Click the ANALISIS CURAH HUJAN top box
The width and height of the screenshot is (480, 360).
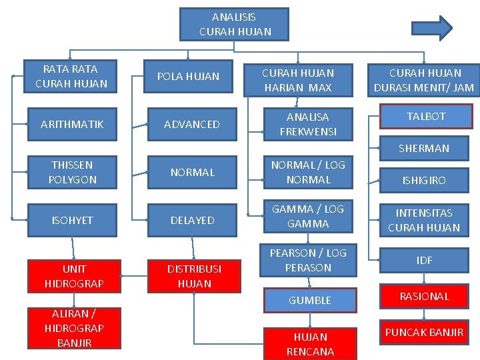(x=235, y=24)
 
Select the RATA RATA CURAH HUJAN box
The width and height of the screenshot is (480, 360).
(x=71, y=76)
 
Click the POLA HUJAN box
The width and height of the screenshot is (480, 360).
(x=188, y=77)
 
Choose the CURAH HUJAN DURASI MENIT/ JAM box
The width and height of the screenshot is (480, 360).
(x=425, y=79)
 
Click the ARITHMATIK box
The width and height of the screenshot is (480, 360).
(x=71, y=124)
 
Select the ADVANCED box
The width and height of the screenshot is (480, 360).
(x=192, y=124)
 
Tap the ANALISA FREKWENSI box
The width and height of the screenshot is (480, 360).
(x=307, y=124)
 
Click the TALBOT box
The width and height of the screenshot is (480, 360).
(x=426, y=116)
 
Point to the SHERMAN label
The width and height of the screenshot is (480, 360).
(x=424, y=148)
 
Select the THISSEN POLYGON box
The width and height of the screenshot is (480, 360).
(x=72, y=172)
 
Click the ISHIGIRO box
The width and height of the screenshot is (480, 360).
(x=424, y=180)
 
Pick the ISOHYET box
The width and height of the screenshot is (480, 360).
(x=72, y=220)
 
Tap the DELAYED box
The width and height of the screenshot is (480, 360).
(x=192, y=220)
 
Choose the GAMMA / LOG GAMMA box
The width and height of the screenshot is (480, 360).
(x=307, y=216)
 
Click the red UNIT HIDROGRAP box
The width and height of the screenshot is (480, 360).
(x=74, y=275)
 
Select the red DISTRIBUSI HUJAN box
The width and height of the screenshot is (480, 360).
(x=194, y=275)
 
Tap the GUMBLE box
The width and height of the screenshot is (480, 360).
(x=309, y=300)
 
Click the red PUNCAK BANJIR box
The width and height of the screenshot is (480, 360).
(x=424, y=332)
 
